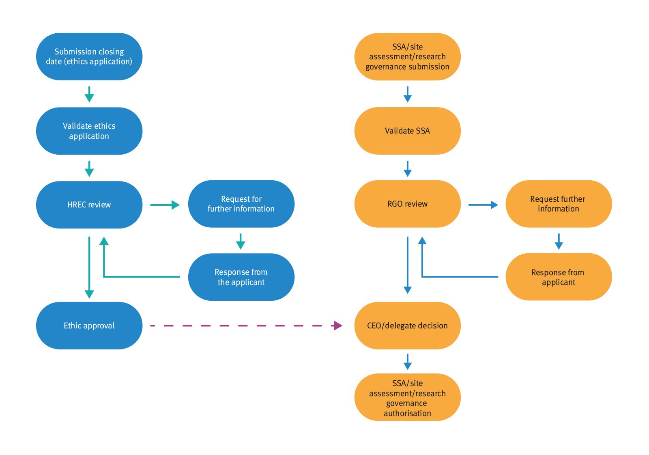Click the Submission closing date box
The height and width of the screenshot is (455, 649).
(89, 56)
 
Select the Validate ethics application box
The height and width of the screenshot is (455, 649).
(89, 131)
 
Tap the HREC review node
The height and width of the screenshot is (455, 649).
(89, 205)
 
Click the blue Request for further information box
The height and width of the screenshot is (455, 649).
(241, 204)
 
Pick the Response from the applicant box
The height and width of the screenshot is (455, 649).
(241, 277)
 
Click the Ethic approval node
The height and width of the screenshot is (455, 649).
(89, 326)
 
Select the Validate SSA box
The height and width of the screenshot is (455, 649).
(407, 131)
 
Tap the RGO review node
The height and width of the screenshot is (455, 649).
(407, 204)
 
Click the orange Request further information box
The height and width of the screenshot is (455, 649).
(558, 204)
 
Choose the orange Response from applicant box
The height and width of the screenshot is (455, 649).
(558, 277)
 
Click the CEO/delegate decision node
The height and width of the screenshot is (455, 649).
(407, 326)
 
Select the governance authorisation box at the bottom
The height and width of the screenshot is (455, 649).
(407, 397)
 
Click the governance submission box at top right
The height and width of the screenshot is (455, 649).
(407, 56)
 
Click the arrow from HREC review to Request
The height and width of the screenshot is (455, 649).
(165, 205)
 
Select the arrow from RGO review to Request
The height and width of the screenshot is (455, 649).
(483, 205)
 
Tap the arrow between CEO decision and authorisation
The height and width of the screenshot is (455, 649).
(408, 361)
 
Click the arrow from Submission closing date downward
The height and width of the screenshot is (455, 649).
(89, 94)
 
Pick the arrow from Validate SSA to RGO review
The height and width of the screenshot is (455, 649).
(408, 168)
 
